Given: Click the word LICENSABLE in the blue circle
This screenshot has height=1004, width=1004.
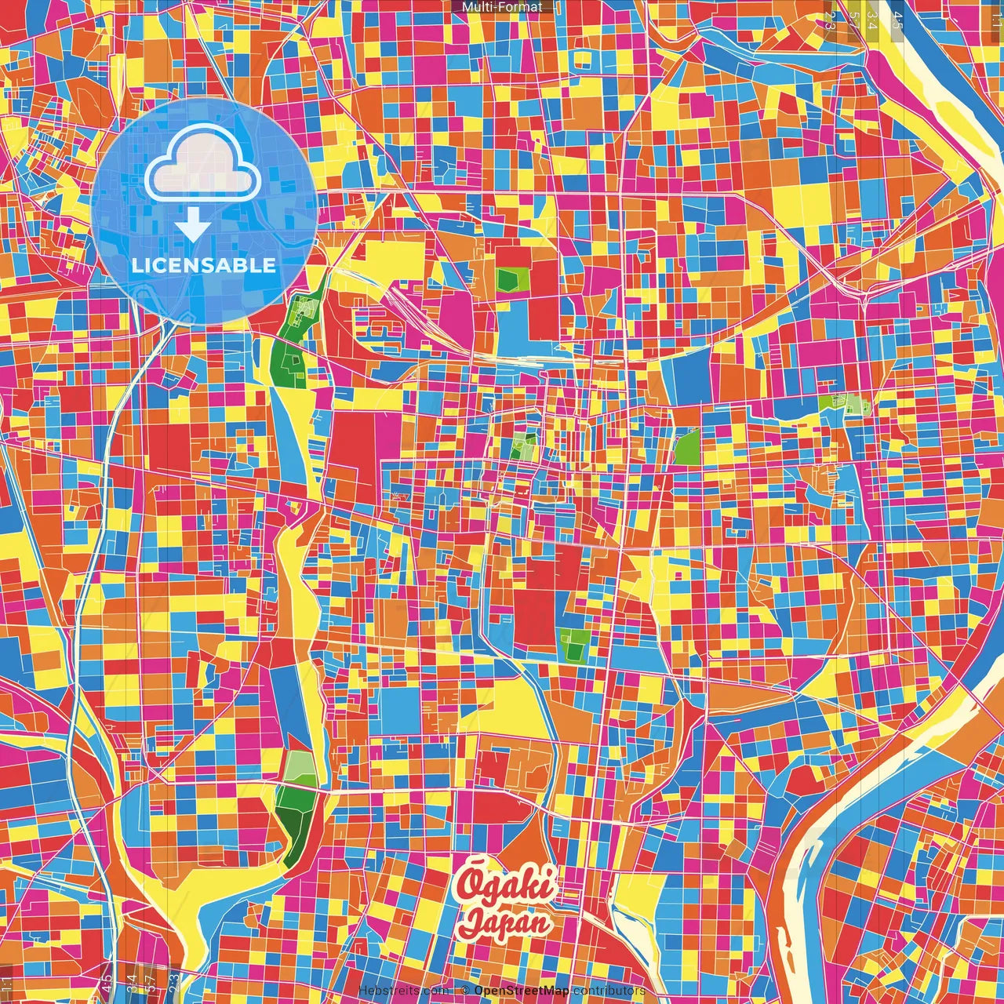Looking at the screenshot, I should pos(204,265).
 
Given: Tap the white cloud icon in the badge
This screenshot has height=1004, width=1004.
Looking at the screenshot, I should pos(202,164).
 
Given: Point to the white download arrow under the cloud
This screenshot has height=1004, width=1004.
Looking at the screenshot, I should pos(192,227).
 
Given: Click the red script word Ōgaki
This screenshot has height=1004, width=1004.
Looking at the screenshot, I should pos(507,885).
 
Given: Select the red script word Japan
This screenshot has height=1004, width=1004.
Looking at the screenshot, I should pos(504,922).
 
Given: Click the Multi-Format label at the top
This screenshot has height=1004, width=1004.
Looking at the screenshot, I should pos(502,7).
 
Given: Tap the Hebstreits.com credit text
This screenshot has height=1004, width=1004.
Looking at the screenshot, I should pos(402,991).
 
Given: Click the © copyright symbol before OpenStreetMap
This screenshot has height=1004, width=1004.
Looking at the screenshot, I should pos(465,991).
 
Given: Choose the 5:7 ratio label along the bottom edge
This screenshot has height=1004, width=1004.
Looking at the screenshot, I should pos(151,982).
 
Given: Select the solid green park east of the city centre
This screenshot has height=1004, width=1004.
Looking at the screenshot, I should pos(687,446).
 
